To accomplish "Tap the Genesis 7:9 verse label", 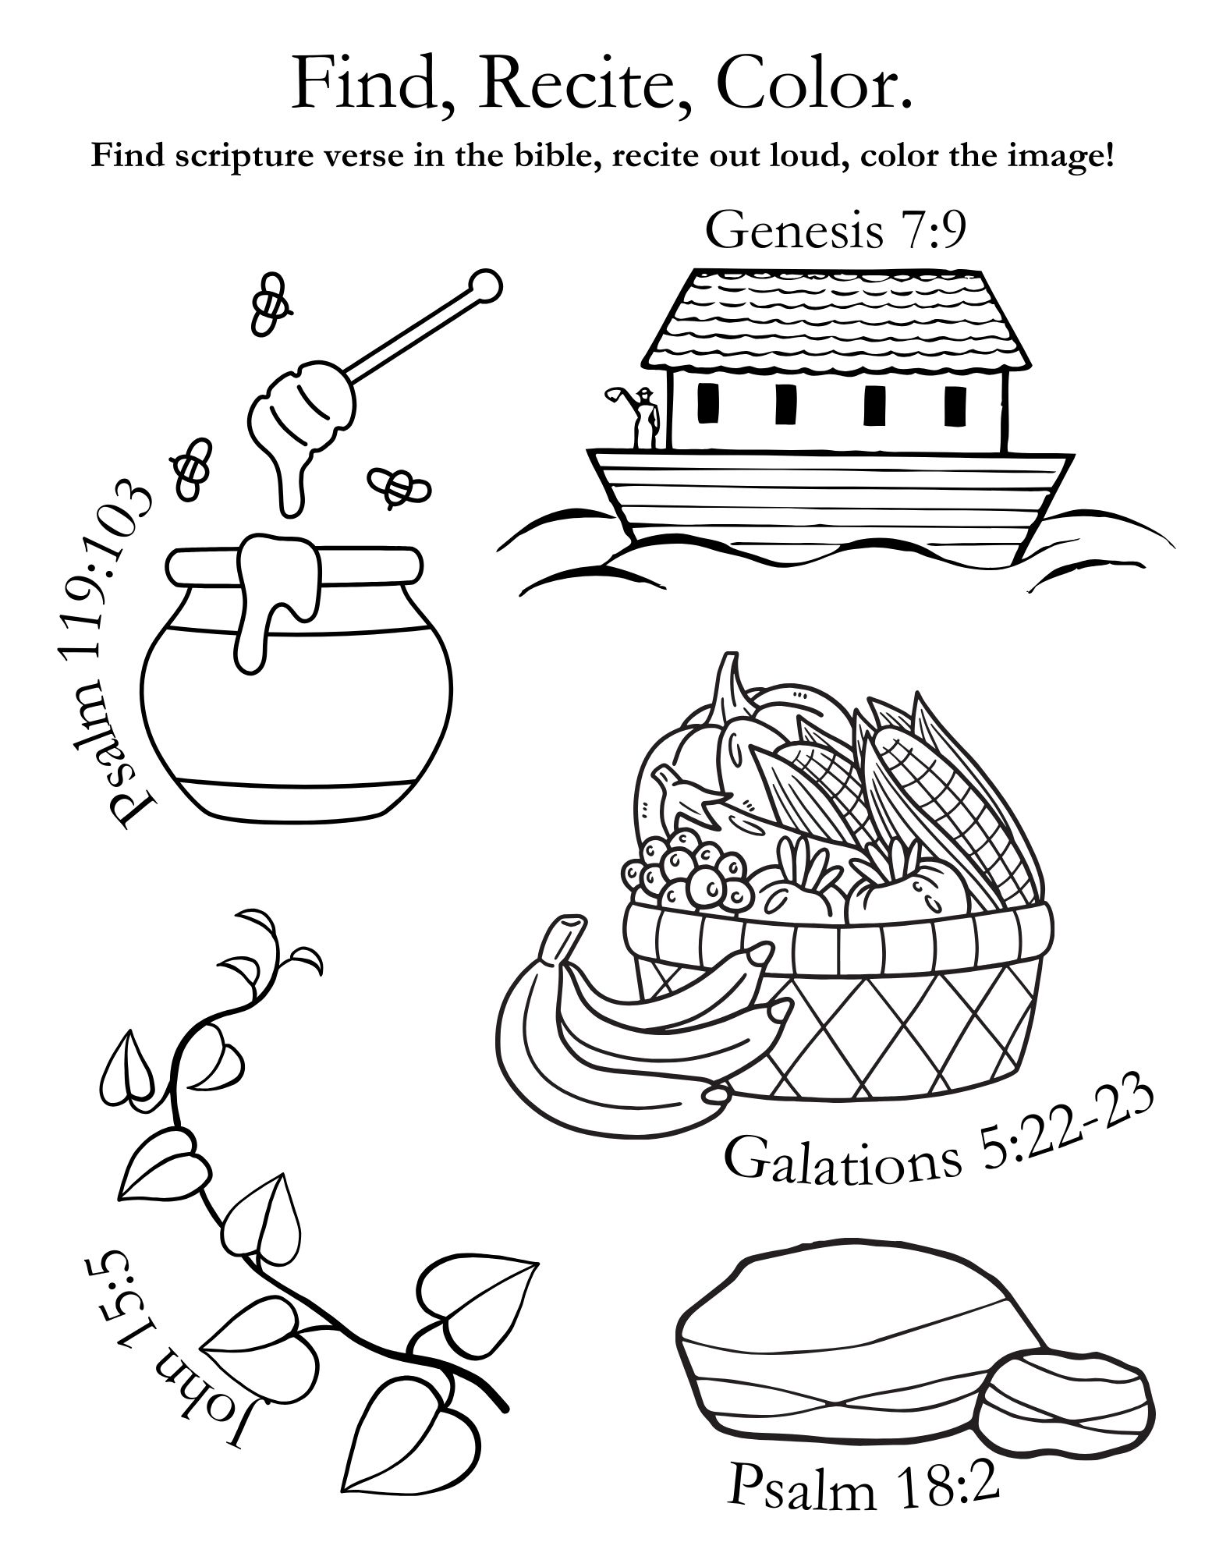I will (835, 231).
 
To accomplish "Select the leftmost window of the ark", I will (708, 405).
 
